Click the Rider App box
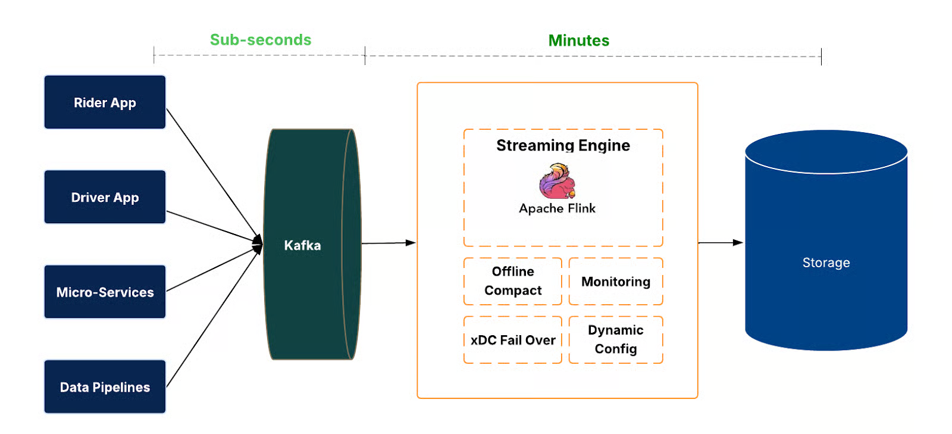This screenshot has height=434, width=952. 105,102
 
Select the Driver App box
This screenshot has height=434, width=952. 105,197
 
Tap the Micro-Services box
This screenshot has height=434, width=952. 105,292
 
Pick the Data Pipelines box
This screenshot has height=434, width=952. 105,387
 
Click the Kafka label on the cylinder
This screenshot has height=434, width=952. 302,245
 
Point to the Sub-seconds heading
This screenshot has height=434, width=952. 261,40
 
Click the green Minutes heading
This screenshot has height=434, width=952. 578,40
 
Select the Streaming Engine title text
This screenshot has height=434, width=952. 563,145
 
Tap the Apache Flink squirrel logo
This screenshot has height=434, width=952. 558,182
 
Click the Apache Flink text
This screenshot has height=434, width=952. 557,208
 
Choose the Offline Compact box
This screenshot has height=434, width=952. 513,281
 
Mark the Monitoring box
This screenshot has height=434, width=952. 616,282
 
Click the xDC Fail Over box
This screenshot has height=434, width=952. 513,340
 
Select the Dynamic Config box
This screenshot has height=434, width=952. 616,339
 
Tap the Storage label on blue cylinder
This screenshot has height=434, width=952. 826,263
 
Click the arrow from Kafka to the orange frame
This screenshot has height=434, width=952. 387,243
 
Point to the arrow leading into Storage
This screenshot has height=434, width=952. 720,243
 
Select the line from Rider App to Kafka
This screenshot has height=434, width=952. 211,173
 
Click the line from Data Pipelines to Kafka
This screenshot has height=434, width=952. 211,321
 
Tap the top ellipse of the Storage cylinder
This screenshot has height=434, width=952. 826,152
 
